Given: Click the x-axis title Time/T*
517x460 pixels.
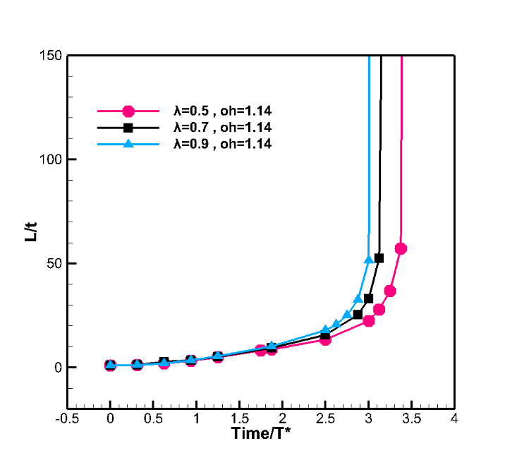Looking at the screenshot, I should [x=261, y=433].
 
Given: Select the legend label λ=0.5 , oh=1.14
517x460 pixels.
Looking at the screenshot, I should [x=221, y=111].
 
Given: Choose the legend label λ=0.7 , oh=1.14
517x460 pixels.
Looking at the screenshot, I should [x=221, y=127].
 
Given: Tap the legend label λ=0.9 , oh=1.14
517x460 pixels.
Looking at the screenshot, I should [x=221, y=143].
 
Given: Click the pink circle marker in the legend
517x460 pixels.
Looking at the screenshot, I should [x=128, y=111].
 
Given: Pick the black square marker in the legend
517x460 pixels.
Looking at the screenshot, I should [x=128, y=127].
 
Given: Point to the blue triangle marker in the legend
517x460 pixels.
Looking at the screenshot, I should [x=128, y=143].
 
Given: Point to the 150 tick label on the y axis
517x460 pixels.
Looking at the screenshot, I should [x=49, y=56].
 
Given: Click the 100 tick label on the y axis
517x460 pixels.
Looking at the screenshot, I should [x=49, y=159].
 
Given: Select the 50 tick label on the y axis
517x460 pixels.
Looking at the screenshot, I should [x=53, y=263].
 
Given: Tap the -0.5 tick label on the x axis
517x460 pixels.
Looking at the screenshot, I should [x=67, y=418].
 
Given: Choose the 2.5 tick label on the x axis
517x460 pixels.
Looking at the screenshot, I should [x=325, y=418].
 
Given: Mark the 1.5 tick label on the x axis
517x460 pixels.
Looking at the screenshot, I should [x=239, y=418].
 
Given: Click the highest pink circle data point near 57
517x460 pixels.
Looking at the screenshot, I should [x=401, y=248].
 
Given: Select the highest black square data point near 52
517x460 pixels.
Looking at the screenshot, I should [x=379, y=258].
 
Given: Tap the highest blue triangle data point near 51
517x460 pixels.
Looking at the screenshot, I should [x=368, y=260].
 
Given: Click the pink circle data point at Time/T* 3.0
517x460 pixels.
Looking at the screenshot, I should [x=368, y=321].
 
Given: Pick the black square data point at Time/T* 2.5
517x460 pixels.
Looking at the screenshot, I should [x=325, y=337].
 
